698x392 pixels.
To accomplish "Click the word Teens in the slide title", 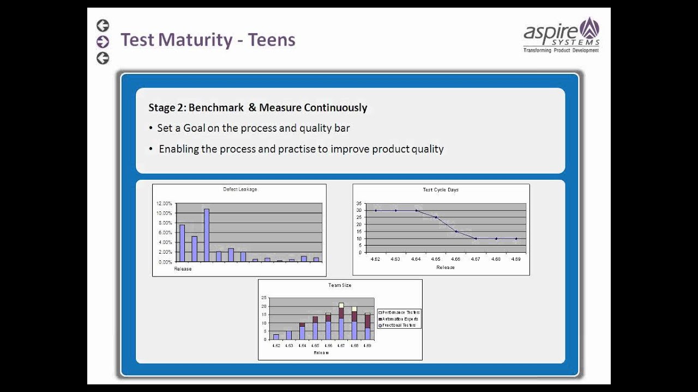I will point(272,40).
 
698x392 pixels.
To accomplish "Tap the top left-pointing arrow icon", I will point(103,25).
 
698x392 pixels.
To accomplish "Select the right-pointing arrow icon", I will point(103,41).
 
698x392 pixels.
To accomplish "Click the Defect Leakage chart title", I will point(240,189).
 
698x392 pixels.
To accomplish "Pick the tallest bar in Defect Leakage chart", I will point(207,235).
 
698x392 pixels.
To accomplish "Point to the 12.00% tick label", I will point(164,204).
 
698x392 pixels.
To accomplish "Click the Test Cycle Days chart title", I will point(441,190).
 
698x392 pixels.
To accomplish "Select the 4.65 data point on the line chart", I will point(436,217).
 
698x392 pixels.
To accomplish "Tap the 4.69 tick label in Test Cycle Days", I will point(516,259).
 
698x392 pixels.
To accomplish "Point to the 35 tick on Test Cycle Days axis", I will point(359,203).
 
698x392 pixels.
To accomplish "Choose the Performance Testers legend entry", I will point(400,312).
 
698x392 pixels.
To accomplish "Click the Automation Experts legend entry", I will point(400,318).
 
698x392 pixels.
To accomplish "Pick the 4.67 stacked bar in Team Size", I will point(341,321).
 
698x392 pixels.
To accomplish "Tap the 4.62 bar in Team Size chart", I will point(276,336).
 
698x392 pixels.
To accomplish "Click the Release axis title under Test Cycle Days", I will point(445,267).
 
